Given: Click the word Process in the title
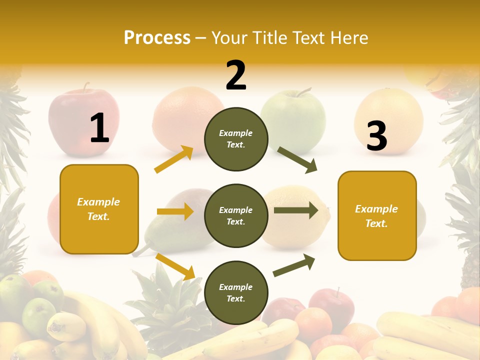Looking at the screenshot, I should [x=157, y=37].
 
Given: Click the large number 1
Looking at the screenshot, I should [x=99, y=128].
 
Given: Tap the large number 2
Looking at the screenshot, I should [x=236, y=75].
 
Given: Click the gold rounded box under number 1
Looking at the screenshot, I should [x=99, y=209].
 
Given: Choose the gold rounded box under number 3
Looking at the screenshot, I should [x=377, y=216].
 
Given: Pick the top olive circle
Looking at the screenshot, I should [x=236, y=139].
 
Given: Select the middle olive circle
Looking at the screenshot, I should [x=236, y=216].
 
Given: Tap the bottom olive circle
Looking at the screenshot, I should [x=236, y=292].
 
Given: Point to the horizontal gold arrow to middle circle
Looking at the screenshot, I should [x=175, y=211].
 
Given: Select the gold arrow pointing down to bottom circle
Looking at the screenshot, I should [x=175, y=266].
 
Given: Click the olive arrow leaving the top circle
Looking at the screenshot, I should [x=297, y=160].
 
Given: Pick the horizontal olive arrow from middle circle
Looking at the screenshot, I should [x=295, y=210].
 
